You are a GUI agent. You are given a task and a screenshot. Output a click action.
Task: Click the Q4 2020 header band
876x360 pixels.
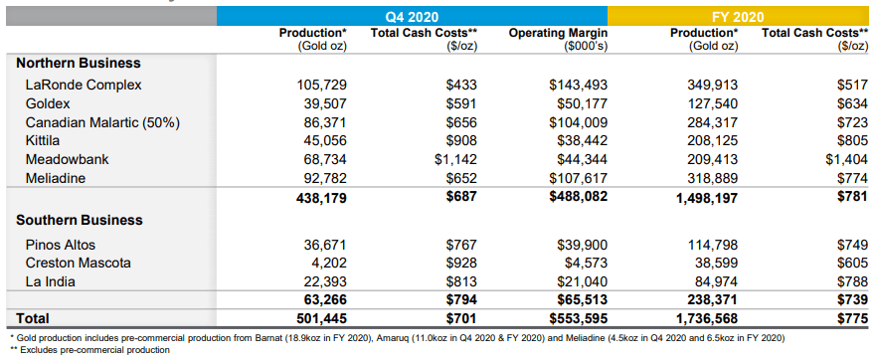(x=412, y=15)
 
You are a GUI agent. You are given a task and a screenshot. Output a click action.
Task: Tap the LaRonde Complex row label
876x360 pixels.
(x=84, y=85)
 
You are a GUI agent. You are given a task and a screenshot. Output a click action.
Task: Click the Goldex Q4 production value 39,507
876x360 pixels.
(x=321, y=103)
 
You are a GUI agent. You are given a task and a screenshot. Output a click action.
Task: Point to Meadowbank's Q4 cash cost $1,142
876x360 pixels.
(x=455, y=159)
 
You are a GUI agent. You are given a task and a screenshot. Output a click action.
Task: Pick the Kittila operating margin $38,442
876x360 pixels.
(x=582, y=140)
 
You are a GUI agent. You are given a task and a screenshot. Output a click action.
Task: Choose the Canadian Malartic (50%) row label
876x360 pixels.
(x=102, y=122)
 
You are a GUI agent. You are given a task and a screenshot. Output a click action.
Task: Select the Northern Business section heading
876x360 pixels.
(x=79, y=63)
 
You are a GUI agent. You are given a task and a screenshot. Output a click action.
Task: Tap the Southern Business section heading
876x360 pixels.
(x=80, y=220)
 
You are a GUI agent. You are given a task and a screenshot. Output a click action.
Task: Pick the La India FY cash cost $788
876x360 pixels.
(x=852, y=281)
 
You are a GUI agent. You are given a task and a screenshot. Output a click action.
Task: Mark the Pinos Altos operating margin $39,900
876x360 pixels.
(x=582, y=245)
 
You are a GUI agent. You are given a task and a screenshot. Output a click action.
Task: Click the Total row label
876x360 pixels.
(x=33, y=318)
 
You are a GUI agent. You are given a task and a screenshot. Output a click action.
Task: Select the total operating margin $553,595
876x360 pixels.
(x=579, y=318)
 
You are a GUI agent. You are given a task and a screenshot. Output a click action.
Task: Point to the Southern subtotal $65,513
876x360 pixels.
(x=582, y=300)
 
